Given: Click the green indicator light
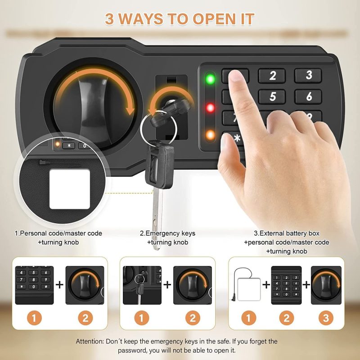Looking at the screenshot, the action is pos(210,79).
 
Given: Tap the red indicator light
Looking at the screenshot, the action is pos(210,108).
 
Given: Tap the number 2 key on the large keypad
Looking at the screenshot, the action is pos(272,76).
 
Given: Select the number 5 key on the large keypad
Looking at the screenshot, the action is pos(272,96).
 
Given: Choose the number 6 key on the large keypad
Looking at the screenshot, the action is pos(308,96).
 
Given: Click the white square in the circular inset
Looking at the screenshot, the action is pos(70,189).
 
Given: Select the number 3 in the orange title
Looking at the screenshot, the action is pos(109,19).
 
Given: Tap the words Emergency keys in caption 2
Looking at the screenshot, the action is pos(171,233).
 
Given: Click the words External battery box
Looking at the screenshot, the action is pos(289,233).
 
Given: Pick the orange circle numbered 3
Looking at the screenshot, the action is pos(326,318).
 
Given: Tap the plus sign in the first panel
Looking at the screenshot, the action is pos(59,285).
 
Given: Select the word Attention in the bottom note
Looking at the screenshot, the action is pos(90,342).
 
